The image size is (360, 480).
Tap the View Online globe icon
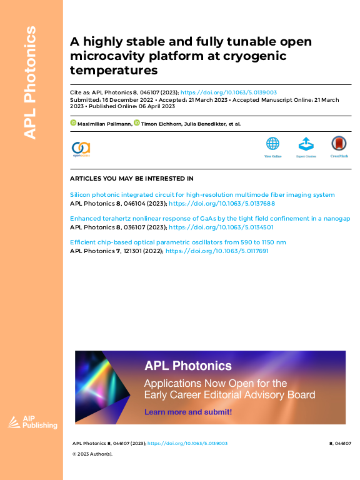272,146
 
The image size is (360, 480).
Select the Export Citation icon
306,146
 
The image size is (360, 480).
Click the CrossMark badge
339,146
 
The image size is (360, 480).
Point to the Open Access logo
81,149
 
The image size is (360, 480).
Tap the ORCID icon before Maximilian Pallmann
72,124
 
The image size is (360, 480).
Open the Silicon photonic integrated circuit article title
202,195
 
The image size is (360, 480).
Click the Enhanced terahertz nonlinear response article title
210,219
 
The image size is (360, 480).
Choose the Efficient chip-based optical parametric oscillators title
178,242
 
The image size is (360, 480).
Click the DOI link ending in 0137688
222,203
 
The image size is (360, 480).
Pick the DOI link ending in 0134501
222,227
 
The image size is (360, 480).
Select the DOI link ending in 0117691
217,251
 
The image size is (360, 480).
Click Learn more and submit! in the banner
188,412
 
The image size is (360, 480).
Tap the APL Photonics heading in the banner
188,366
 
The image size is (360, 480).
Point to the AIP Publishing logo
32,422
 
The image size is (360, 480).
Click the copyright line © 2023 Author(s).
92,454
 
